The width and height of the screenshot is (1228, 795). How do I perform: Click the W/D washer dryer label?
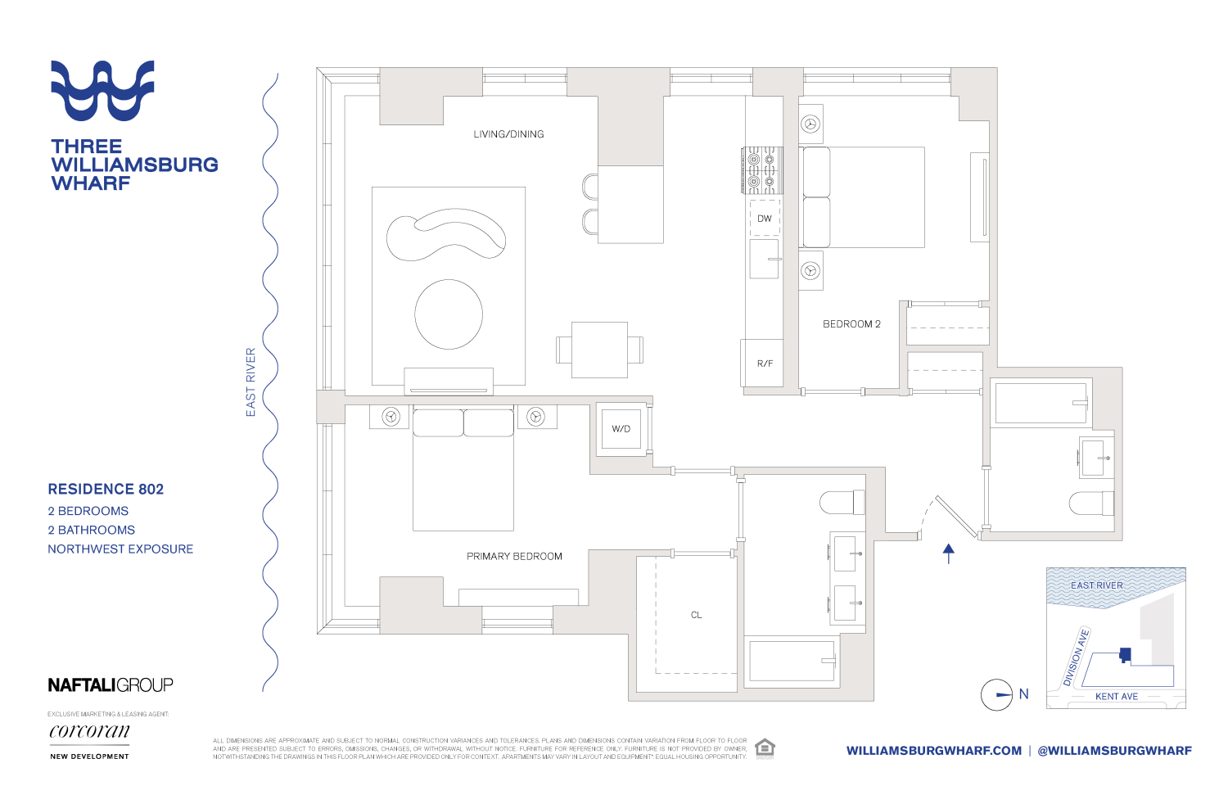[x=621, y=429]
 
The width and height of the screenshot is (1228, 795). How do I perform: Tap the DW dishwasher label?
[x=765, y=219]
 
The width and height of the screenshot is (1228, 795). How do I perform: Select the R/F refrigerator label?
[x=765, y=364]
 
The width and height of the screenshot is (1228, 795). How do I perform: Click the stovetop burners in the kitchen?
[x=762, y=170]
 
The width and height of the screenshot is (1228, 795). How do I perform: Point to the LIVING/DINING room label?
[x=508, y=134]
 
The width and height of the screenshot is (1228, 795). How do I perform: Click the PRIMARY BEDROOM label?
[x=514, y=557]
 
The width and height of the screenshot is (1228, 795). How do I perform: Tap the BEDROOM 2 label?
[x=851, y=324]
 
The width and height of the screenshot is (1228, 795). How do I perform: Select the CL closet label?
[x=696, y=615]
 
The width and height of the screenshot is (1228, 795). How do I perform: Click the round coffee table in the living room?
[x=449, y=314]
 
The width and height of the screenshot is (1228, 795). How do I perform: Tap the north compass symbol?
[x=997, y=695]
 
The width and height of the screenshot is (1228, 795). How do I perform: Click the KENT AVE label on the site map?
[x=1117, y=697]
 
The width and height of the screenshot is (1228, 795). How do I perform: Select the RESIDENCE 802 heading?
[x=106, y=490]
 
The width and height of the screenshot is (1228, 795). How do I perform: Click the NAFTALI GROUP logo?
[x=111, y=685]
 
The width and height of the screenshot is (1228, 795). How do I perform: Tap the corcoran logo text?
[x=89, y=731]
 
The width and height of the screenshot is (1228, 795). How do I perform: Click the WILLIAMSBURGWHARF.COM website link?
[x=934, y=751]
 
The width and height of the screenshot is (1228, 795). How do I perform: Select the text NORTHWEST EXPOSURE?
[x=120, y=549]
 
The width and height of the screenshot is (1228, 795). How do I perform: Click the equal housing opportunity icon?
[x=765, y=748]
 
